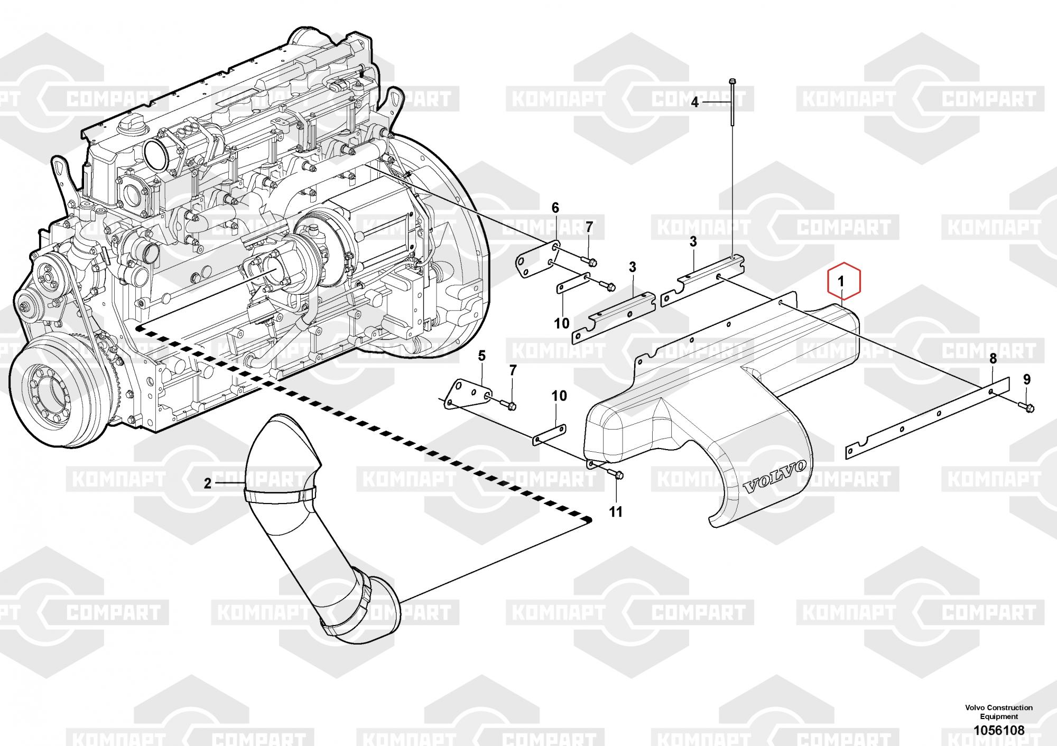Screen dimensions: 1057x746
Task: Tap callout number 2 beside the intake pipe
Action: click(208, 483)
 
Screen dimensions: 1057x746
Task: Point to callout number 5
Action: click(481, 356)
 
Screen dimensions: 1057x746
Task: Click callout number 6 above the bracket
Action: click(555, 208)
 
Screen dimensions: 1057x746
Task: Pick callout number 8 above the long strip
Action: click(993, 359)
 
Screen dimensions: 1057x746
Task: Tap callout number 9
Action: click(1026, 379)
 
